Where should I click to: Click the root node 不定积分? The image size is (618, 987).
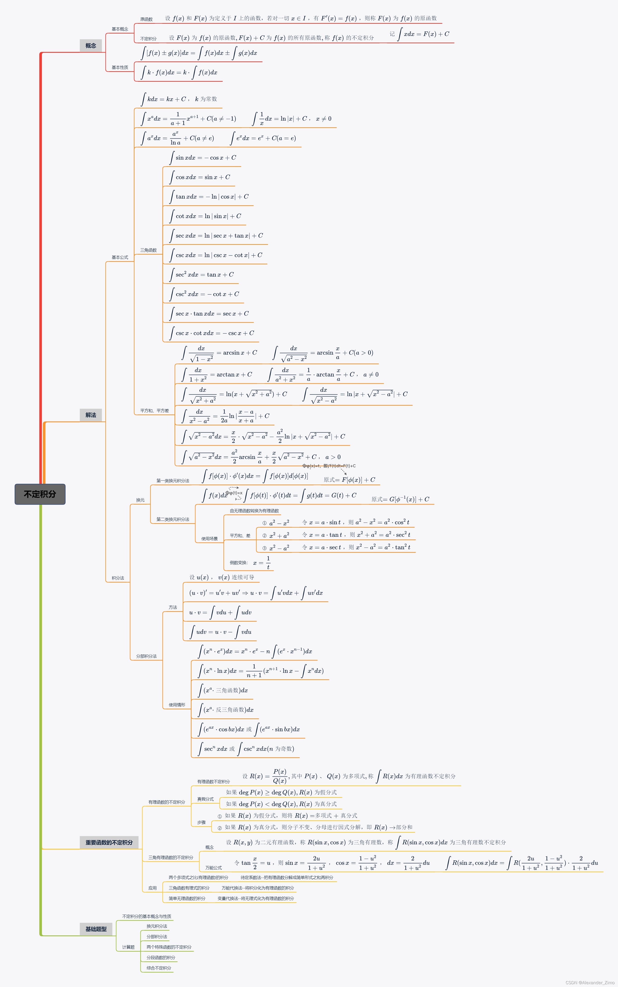click(40, 494)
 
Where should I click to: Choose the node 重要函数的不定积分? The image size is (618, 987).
click(109, 842)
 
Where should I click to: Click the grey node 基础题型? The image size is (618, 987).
click(96, 929)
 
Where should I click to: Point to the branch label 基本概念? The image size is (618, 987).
click(120, 29)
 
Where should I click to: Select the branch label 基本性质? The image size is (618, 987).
click(120, 67)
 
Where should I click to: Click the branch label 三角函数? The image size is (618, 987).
click(148, 250)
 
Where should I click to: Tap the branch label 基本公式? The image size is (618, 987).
click(120, 257)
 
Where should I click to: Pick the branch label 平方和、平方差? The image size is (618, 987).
click(154, 411)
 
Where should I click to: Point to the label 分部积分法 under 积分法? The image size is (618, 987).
click(146, 656)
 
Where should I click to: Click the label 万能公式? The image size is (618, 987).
click(213, 868)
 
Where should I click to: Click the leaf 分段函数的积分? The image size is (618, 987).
click(161, 958)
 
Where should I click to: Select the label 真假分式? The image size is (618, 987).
click(205, 799)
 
